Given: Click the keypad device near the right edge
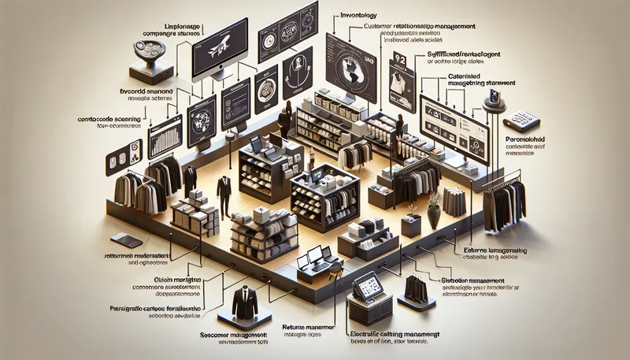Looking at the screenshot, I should (521, 119).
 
